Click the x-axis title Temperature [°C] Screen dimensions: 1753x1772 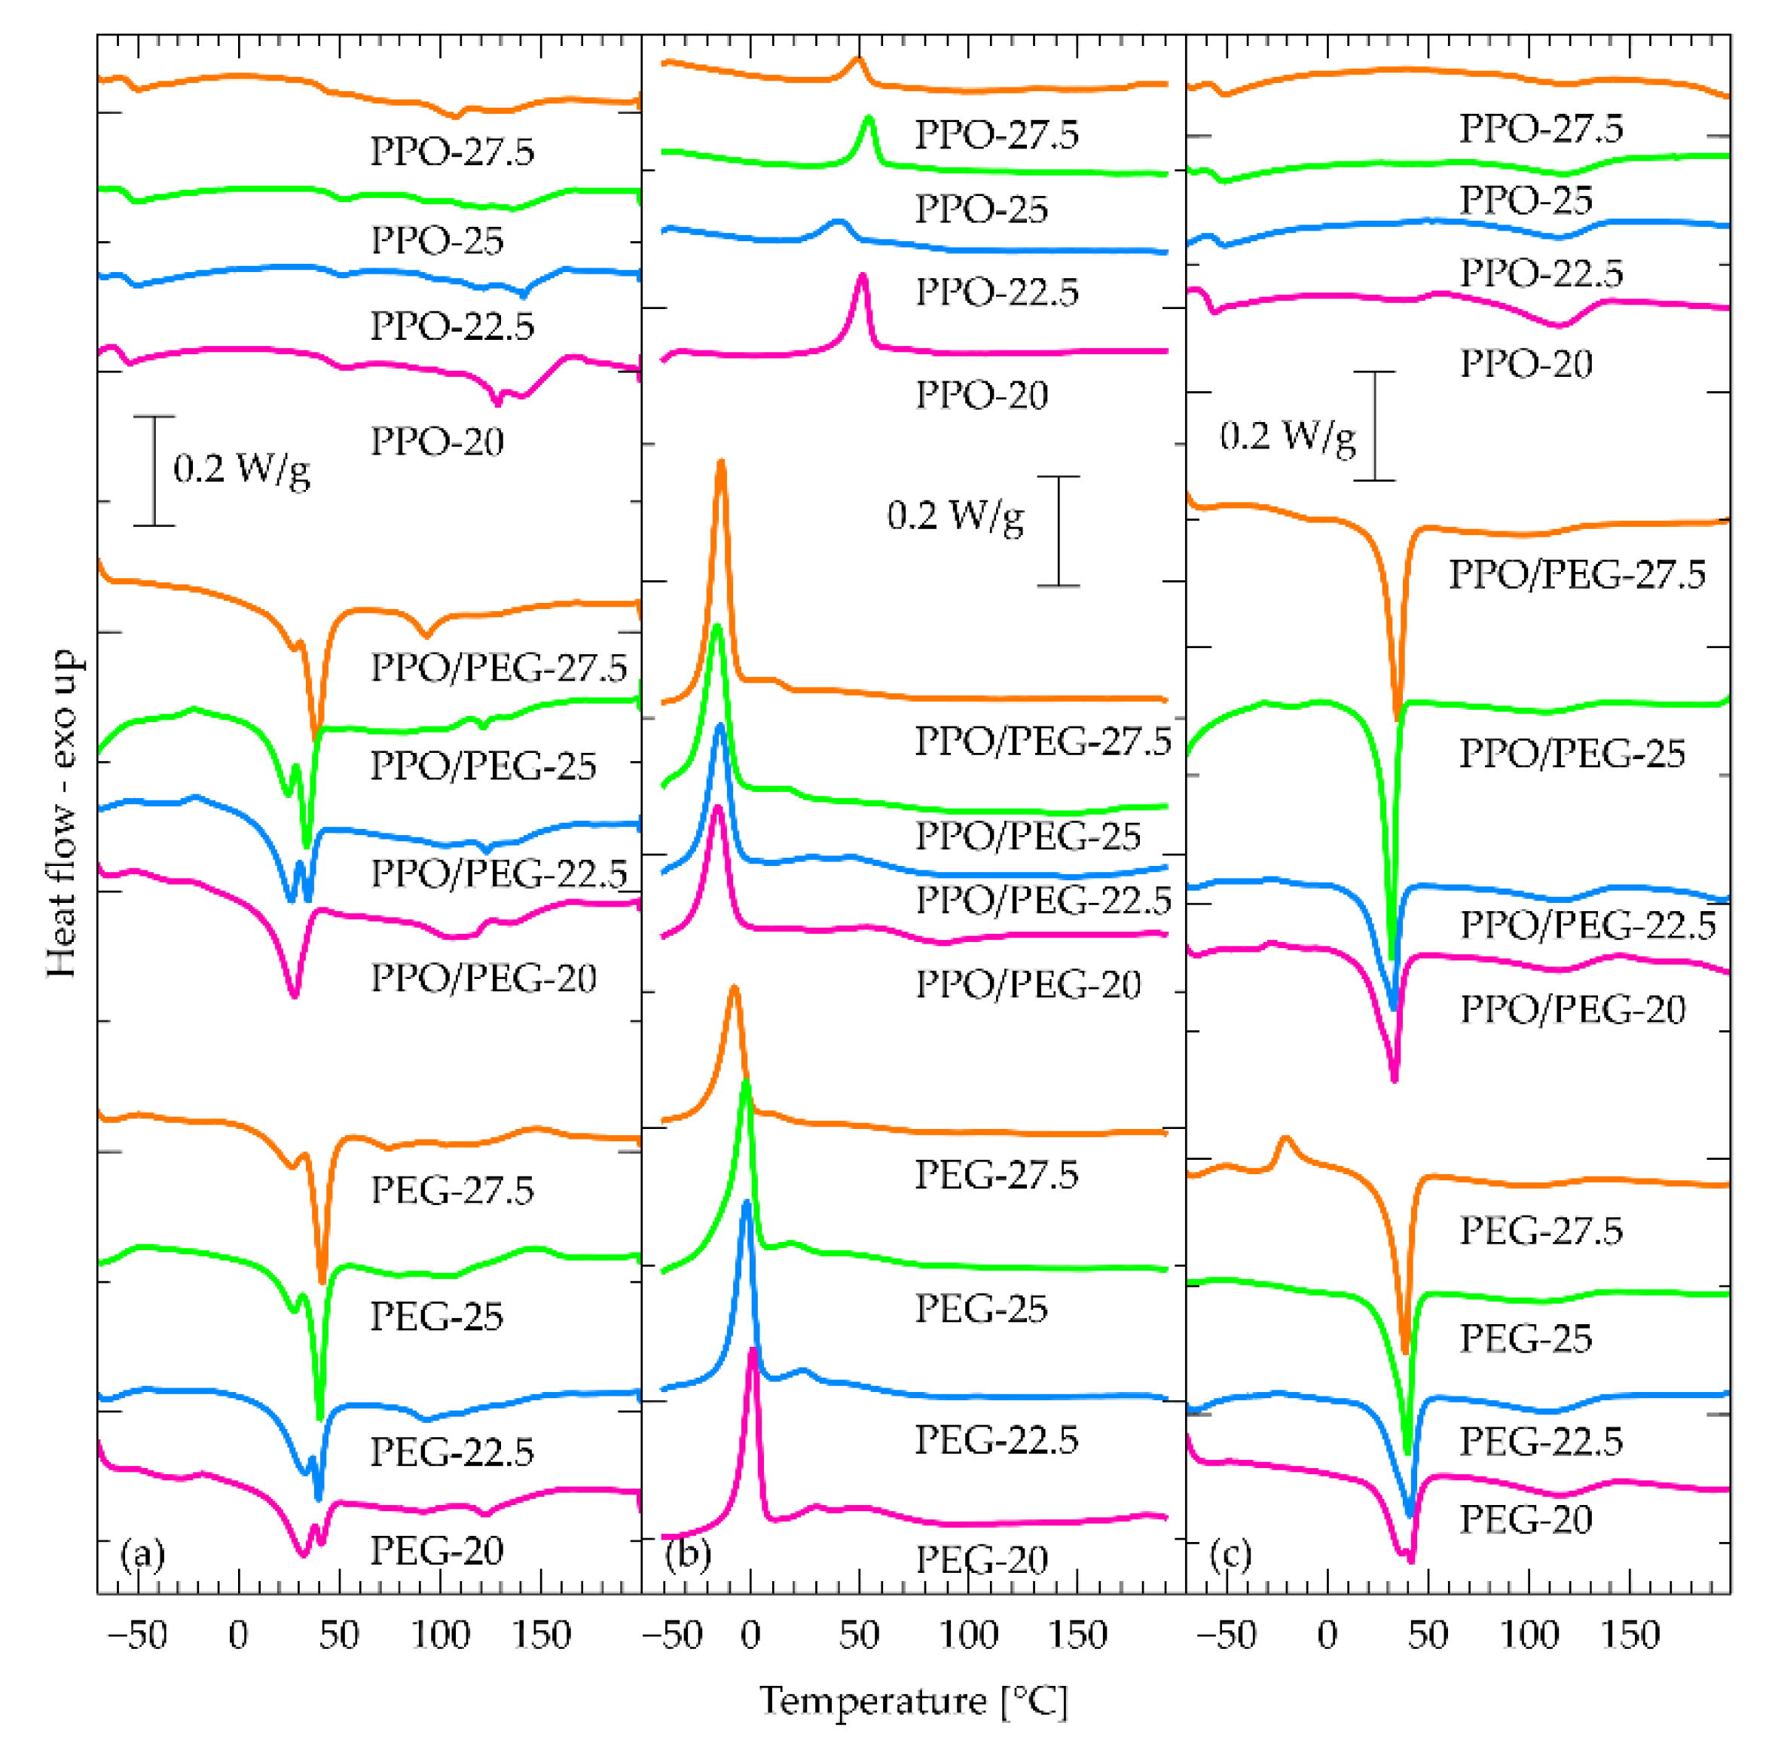tap(914, 1699)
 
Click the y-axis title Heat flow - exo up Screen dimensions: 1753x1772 tap(63, 814)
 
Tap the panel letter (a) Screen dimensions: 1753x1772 tap(143, 1554)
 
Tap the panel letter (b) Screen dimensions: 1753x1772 tap(688, 1554)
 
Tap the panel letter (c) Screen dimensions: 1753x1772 tap(1230, 1554)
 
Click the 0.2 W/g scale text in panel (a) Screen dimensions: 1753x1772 tap(242, 470)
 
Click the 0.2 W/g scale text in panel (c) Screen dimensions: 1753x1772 tap(1287, 436)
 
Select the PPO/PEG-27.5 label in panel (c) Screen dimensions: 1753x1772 tap(1577, 575)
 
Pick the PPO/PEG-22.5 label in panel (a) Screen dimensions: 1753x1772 tap(498, 873)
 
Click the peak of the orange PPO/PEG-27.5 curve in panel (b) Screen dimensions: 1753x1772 tap(721, 461)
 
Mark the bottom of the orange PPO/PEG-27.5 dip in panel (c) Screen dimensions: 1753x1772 tap(1398, 718)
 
